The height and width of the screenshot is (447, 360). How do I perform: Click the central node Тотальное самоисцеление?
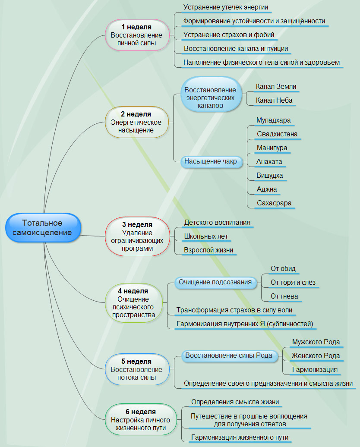click(x=43, y=228)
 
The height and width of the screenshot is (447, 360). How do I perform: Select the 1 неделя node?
click(x=136, y=35)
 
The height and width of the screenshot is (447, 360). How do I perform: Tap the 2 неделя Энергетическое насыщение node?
click(x=136, y=122)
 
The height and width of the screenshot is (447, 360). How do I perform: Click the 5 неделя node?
click(x=136, y=369)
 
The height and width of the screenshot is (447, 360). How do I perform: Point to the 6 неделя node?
click(x=140, y=419)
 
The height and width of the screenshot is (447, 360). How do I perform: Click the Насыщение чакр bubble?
click(x=210, y=162)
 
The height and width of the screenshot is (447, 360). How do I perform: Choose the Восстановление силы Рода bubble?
click(x=228, y=356)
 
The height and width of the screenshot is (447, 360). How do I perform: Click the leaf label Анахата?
click(x=269, y=162)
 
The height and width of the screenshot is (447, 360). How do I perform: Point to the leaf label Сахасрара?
click(x=274, y=203)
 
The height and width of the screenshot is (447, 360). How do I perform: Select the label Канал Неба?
click(x=274, y=101)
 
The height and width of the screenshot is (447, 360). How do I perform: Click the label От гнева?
click(x=284, y=296)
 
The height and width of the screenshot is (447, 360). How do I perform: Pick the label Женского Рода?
click(x=316, y=356)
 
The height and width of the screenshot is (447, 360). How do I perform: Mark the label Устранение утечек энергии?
click(x=225, y=7)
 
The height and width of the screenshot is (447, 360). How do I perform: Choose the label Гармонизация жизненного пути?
click(x=240, y=438)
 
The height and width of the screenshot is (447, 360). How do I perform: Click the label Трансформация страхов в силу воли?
click(x=234, y=310)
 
